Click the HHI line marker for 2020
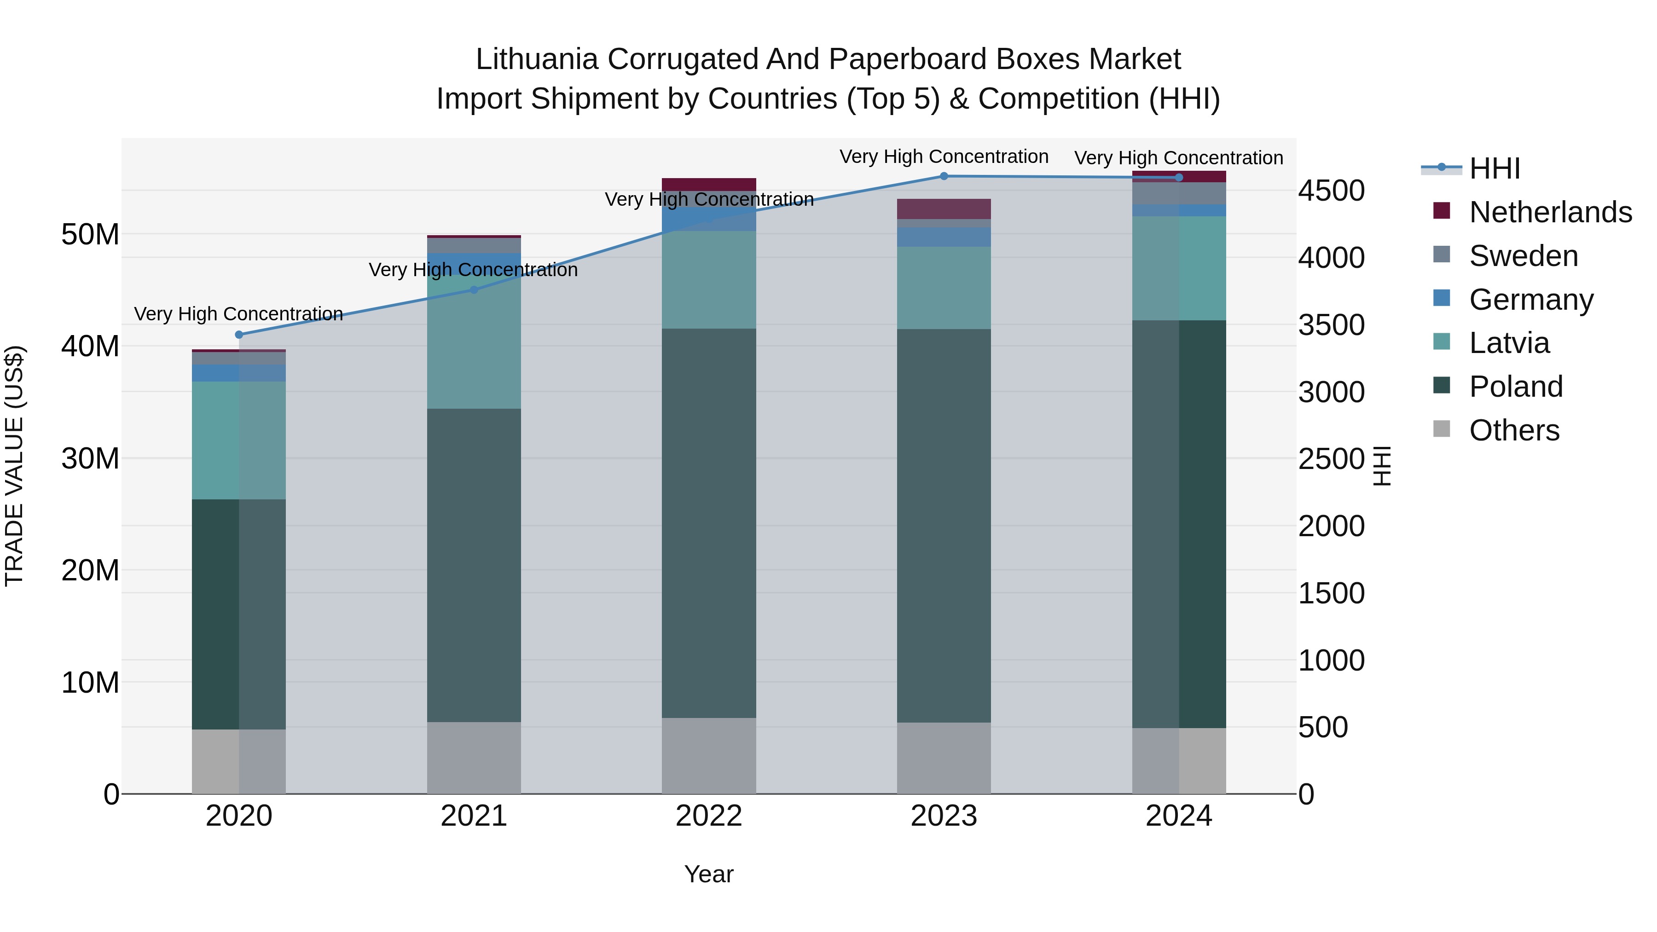pyautogui.click(x=238, y=335)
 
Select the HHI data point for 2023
pyautogui.click(x=944, y=176)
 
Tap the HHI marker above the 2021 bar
pyautogui.click(x=474, y=290)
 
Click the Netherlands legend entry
pyautogui.click(x=1550, y=212)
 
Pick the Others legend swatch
pyautogui.click(x=1442, y=429)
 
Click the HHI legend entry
pyautogui.click(x=1494, y=168)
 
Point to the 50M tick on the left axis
pyautogui.click(x=90, y=234)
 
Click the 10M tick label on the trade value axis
pyautogui.click(x=90, y=683)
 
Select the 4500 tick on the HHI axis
pyautogui.click(x=1331, y=191)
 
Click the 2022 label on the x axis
pyautogui.click(x=709, y=816)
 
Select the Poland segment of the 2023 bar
pyautogui.click(x=944, y=526)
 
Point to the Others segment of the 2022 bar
pyautogui.click(x=709, y=756)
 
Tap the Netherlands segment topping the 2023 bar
pyautogui.click(x=944, y=209)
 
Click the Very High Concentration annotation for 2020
pyautogui.click(x=238, y=314)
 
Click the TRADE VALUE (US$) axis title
pyautogui.click(x=14, y=466)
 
